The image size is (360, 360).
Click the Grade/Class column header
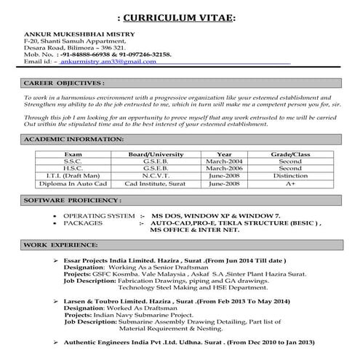[x=289, y=155]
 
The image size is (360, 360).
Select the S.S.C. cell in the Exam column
[x=73, y=163]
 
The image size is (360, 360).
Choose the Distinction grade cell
[x=289, y=177]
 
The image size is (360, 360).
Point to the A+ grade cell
[x=289, y=185]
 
